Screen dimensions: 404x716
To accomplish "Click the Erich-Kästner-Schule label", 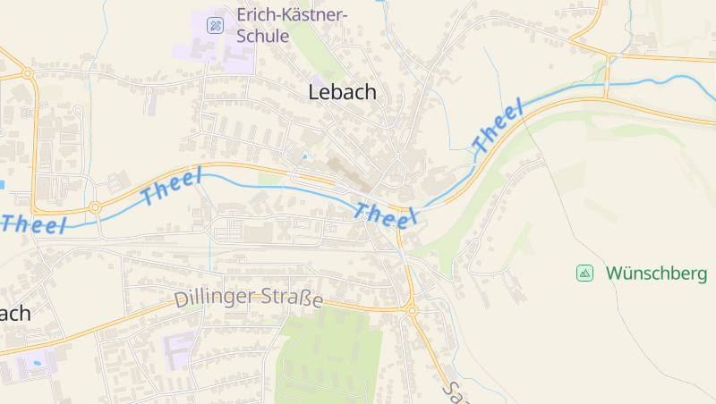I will [x=291, y=26].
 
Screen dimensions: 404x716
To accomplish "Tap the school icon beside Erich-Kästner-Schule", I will [x=215, y=25].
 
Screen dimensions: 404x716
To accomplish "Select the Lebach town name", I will [x=342, y=91].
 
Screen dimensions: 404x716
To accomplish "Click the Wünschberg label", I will [x=651, y=273].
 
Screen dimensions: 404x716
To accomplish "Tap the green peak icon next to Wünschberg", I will [x=584, y=273].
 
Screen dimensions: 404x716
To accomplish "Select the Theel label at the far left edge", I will [x=34, y=224].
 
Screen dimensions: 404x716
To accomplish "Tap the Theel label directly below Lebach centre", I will [x=387, y=215].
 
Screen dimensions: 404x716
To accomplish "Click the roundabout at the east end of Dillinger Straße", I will [x=412, y=310].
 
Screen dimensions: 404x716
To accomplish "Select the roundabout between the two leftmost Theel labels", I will [x=95, y=209].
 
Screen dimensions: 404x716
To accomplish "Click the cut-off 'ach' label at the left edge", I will [x=14, y=313].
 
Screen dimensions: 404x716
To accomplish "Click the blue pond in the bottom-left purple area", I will [x=34, y=364].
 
